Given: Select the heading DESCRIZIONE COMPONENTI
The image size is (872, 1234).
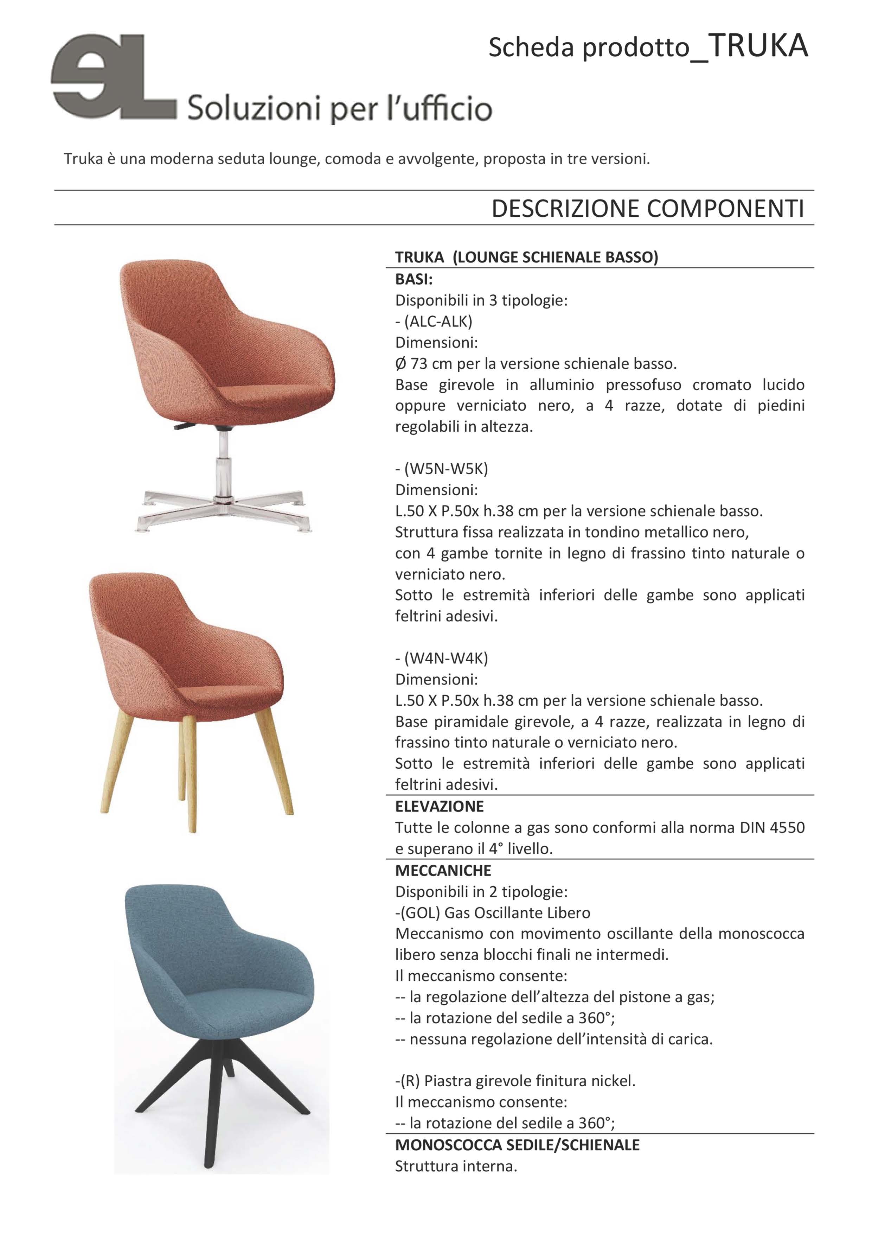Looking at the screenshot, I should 647,209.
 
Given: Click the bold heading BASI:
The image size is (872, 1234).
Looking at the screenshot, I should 414,279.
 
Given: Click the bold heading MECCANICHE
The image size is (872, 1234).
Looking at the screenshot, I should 443,870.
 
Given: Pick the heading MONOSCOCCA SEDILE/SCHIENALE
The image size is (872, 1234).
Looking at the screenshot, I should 517,1145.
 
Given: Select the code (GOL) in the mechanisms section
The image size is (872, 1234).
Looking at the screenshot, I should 420,912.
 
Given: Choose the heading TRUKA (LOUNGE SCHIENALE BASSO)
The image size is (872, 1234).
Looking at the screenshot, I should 526,257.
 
